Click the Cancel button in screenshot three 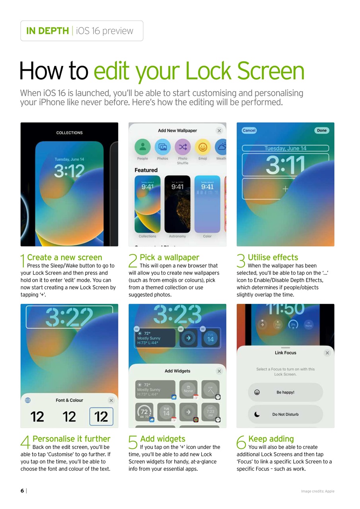pos(249,130)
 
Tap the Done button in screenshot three pos(322,130)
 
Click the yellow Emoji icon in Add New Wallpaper pos(203,147)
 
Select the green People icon pos(142,147)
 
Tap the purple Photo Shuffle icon pos(183,147)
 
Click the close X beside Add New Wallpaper pos(219,130)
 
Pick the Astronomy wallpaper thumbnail pos(177,204)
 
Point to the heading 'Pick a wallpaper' pos(169,257)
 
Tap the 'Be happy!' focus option pos(285,392)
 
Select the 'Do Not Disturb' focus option pos(285,414)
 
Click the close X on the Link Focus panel pos(327,353)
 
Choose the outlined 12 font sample pos(101,417)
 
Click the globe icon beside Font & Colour pos(28,400)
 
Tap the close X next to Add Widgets pos(219,371)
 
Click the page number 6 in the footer pos(22,491)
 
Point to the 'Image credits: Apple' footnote pos(317,491)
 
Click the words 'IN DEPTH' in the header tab pos(47,31)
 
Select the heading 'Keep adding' pos(271,439)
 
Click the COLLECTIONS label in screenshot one pos(70,133)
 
